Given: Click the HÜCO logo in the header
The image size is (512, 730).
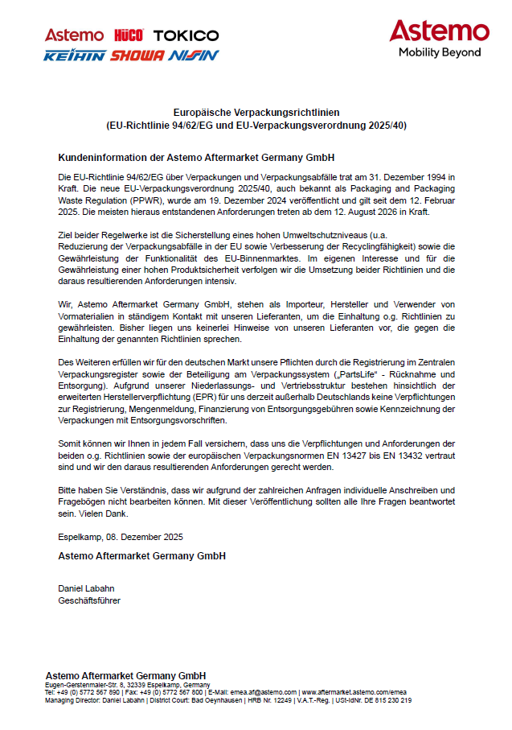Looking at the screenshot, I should click(x=129, y=35).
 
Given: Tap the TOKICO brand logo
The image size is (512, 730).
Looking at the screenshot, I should click(x=186, y=35).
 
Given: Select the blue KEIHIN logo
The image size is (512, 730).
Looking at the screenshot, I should click(x=75, y=56).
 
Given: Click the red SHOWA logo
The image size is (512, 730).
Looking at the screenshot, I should click(x=137, y=56).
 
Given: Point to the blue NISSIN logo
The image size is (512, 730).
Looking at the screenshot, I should click(x=194, y=56).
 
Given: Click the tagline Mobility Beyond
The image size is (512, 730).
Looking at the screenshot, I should click(x=440, y=52).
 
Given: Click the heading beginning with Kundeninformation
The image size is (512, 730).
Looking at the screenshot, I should click(x=196, y=157).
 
